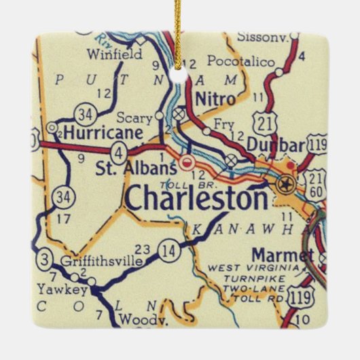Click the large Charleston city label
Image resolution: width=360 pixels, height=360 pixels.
coord(197,199)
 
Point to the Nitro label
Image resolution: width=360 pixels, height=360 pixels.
coord(215,98)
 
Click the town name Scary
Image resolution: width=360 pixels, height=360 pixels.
coord(133,118)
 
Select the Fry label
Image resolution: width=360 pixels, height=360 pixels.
coord(223,124)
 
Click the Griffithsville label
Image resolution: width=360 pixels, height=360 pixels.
coord(101,261)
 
